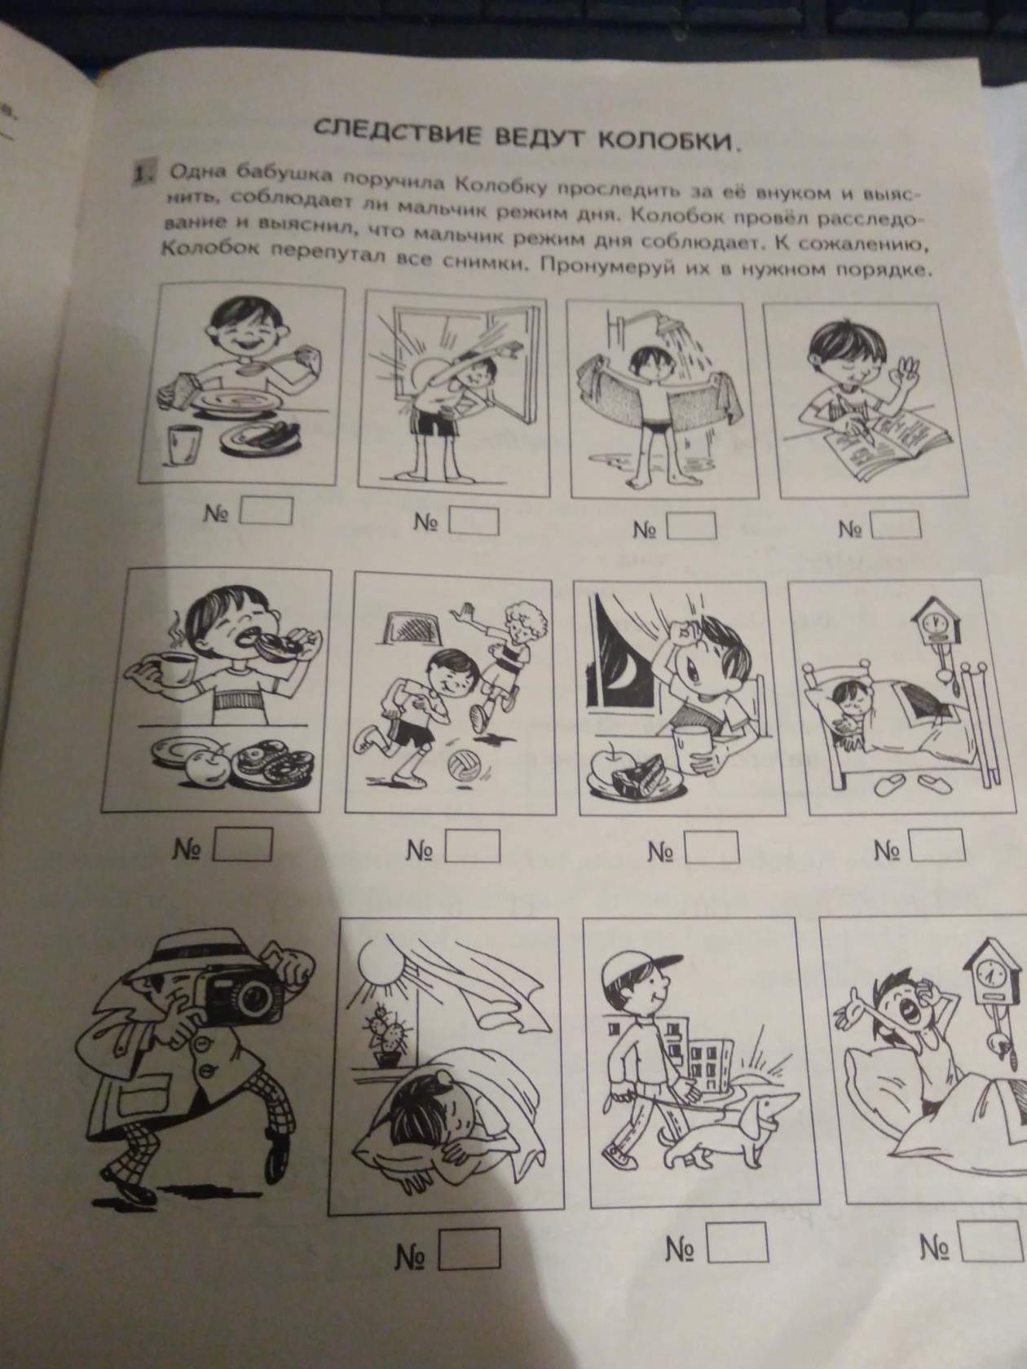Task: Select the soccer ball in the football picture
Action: [x=462, y=767]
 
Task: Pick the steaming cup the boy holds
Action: [x=171, y=671]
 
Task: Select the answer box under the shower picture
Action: [x=691, y=526]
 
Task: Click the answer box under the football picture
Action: [x=472, y=847]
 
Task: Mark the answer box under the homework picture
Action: [x=897, y=525]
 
